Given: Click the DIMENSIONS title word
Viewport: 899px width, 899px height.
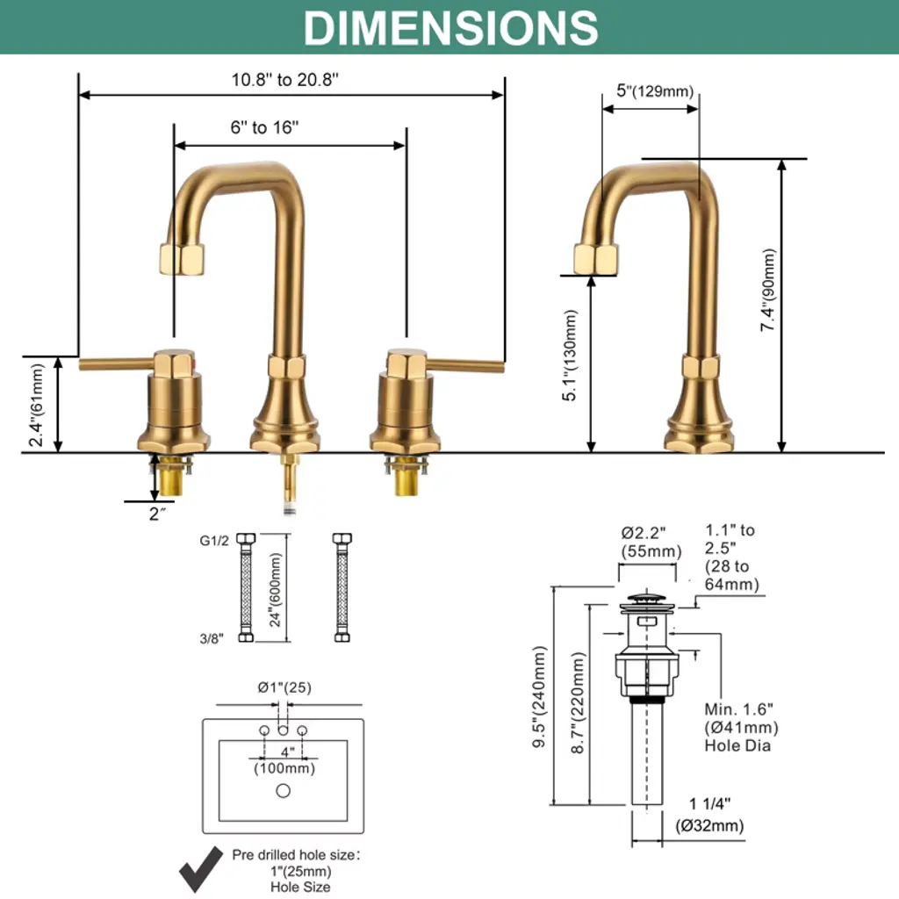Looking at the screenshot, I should (450, 27).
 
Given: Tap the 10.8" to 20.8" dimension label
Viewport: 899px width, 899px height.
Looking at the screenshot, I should (285, 79).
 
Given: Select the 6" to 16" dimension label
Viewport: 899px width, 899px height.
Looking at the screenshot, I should (264, 127).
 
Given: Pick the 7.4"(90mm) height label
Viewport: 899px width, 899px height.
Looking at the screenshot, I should (769, 290).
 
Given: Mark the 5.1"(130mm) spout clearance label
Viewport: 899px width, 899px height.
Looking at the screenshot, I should (572, 356).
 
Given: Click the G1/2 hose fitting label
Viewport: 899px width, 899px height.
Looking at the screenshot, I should (214, 541).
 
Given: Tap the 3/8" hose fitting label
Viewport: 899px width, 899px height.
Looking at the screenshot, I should (212, 638).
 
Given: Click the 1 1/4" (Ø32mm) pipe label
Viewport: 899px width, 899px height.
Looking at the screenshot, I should (709, 814).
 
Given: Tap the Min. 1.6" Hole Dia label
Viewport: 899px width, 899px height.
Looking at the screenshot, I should (741, 727).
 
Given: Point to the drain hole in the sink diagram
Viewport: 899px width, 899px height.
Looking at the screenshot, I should (283, 790).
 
